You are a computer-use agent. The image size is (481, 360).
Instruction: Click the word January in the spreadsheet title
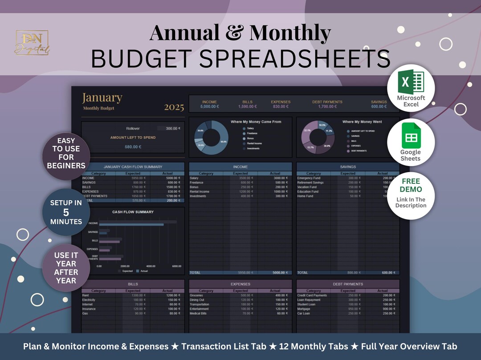pyautogui.click(x=102, y=98)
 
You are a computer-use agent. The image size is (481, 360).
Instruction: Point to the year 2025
pyautogui.click(x=174, y=107)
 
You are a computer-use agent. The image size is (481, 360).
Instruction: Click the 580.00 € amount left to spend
pyautogui.click(x=133, y=147)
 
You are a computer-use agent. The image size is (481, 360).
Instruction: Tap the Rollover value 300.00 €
pyautogui.click(x=172, y=128)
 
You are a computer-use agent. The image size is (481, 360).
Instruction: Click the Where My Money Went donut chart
pyautogui.click(x=319, y=137)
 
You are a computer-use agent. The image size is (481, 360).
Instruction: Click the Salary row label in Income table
pyautogui.click(x=194, y=178)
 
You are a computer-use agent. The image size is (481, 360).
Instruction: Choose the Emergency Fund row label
pyautogui.click(x=309, y=178)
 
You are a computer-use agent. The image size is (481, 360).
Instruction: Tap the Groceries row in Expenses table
pyautogui.click(x=196, y=295)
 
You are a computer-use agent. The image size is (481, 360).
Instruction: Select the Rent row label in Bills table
pyautogui.click(x=85, y=295)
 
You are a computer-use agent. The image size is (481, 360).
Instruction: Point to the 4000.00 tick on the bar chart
pyautogui.click(x=151, y=266)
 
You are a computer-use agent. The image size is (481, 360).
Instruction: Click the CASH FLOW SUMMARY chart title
pyautogui.click(x=133, y=212)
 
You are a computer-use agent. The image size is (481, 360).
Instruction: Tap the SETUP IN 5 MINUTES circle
pyautogui.click(x=66, y=212)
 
